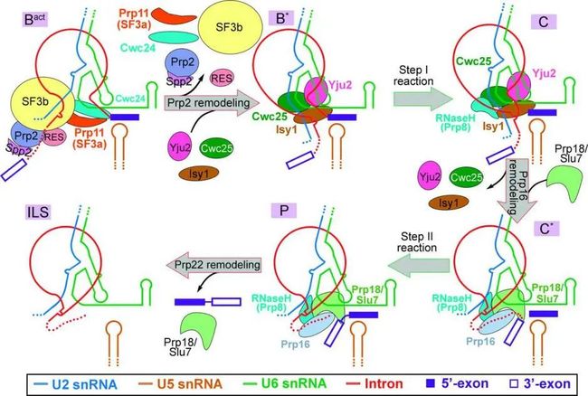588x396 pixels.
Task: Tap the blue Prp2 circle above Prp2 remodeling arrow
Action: [x=183, y=62]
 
